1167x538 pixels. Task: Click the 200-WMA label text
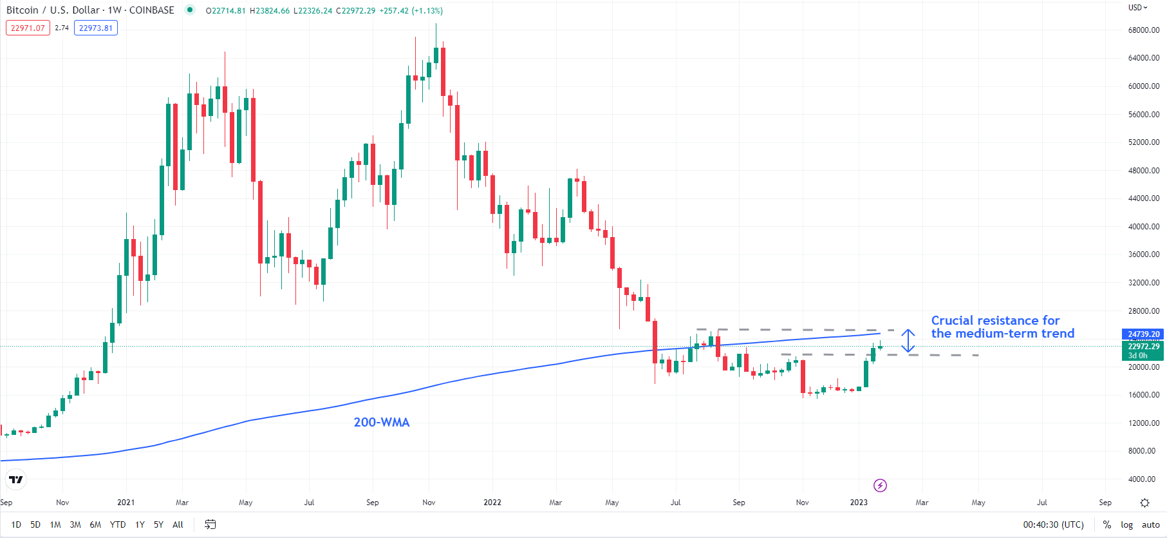[381, 422]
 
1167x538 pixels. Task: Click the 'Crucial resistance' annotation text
[1002, 327]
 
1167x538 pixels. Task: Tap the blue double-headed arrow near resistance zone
[908, 341]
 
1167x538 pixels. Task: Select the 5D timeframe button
[35, 524]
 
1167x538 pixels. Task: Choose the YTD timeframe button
[117, 524]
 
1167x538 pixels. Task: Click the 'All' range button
[178, 524]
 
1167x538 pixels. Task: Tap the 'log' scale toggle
[1126, 524]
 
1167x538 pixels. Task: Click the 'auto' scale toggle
[1150, 524]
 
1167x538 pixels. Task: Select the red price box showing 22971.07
[28, 28]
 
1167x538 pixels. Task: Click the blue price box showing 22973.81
[96, 28]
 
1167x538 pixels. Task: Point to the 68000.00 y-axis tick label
[1143, 30]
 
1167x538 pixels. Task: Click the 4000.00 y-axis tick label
[1143, 479]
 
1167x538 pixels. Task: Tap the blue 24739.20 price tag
[1144, 334]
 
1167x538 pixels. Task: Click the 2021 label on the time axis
[126, 502]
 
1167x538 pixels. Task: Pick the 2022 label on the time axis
[492, 502]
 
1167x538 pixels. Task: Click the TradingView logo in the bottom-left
[16, 479]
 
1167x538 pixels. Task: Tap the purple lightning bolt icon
[880, 485]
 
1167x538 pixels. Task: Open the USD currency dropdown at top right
[1137, 8]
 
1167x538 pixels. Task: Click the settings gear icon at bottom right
[1144, 503]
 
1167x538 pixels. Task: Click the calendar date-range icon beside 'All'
[210, 524]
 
